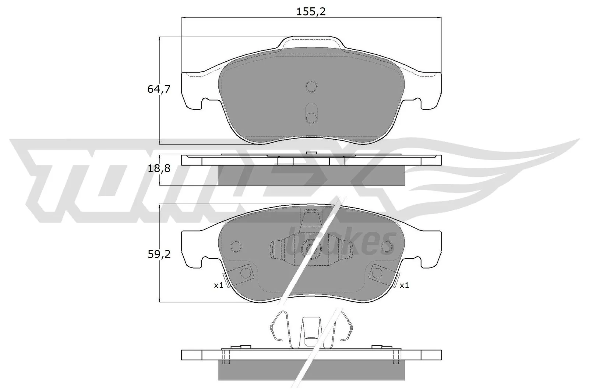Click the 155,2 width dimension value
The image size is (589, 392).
(x=311, y=12)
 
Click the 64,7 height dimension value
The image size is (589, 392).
(x=159, y=89)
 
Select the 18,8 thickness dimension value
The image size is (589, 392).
(x=159, y=168)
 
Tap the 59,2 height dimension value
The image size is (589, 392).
(x=159, y=254)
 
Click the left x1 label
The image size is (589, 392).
(x=219, y=285)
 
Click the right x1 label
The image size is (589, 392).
(x=404, y=285)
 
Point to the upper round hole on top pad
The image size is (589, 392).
(x=311, y=87)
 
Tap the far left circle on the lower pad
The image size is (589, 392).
(x=235, y=247)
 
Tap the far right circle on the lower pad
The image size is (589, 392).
(x=387, y=247)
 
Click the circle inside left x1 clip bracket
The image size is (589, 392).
(x=245, y=273)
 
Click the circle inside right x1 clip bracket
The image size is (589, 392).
(x=377, y=273)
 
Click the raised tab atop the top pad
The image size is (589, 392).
(x=311, y=42)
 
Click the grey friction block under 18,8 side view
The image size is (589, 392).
(x=311, y=175)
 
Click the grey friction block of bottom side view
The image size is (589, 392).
(x=311, y=370)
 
